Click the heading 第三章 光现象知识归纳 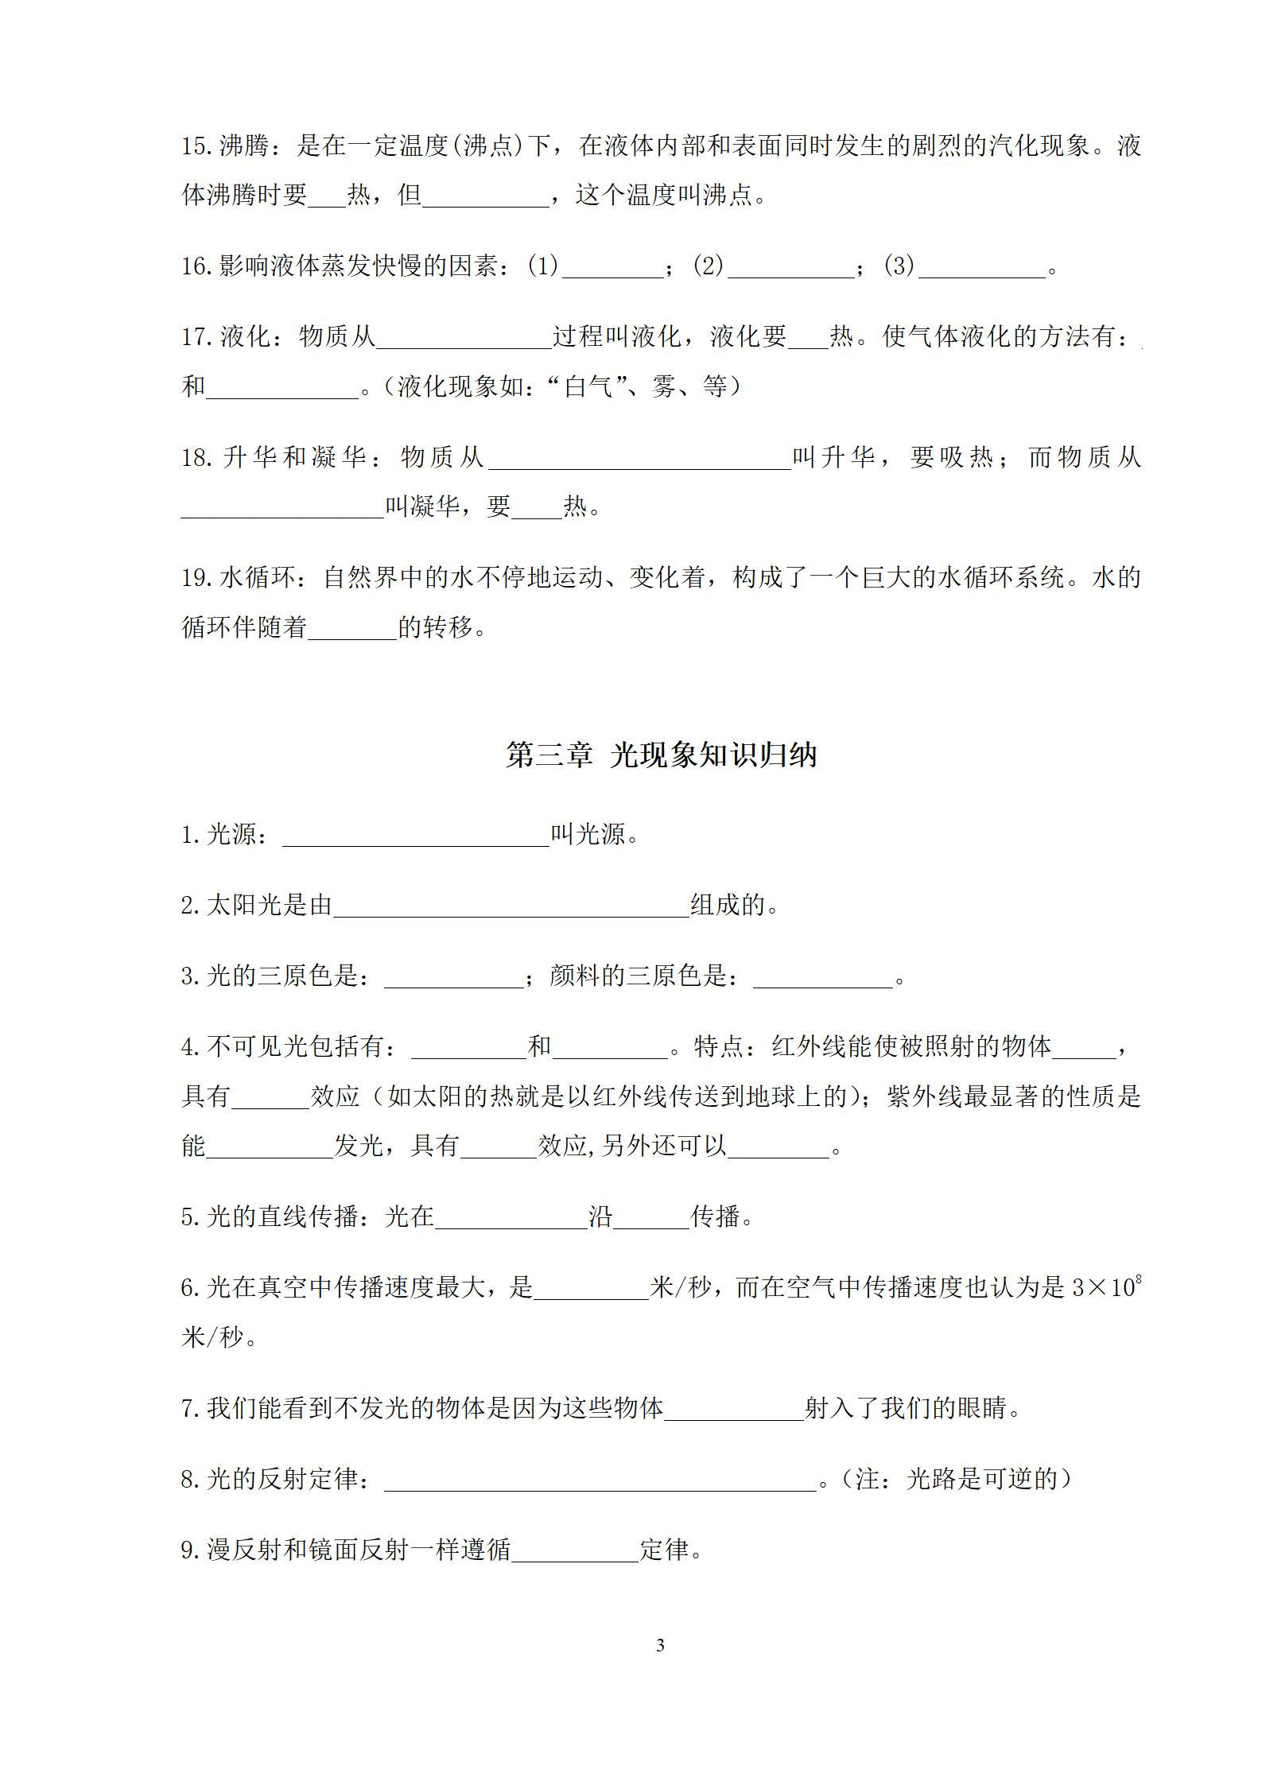[662, 755]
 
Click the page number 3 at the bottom [660, 1645]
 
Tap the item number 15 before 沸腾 [195, 146]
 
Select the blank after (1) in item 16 [612, 269]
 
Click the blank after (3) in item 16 [981, 269]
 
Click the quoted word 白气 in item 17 [589, 387]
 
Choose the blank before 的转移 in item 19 [352, 629]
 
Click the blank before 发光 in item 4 [270, 1148]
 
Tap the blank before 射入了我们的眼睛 [734, 1410]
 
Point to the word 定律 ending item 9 [665, 1550]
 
